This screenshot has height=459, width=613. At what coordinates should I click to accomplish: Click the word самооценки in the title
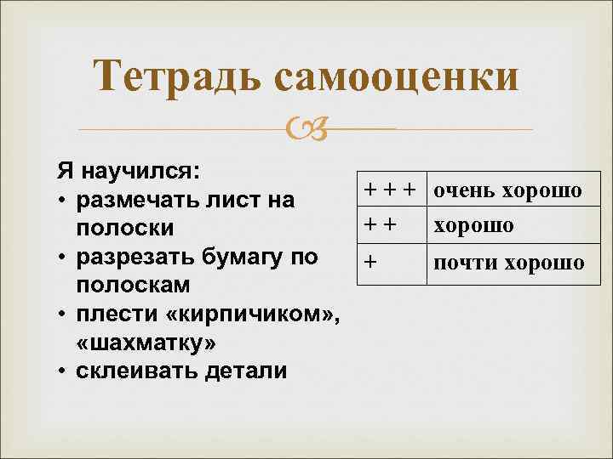[x=397, y=77]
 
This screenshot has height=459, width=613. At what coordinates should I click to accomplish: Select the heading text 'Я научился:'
[x=129, y=170]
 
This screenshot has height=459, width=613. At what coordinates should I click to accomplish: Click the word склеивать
[x=137, y=371]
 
